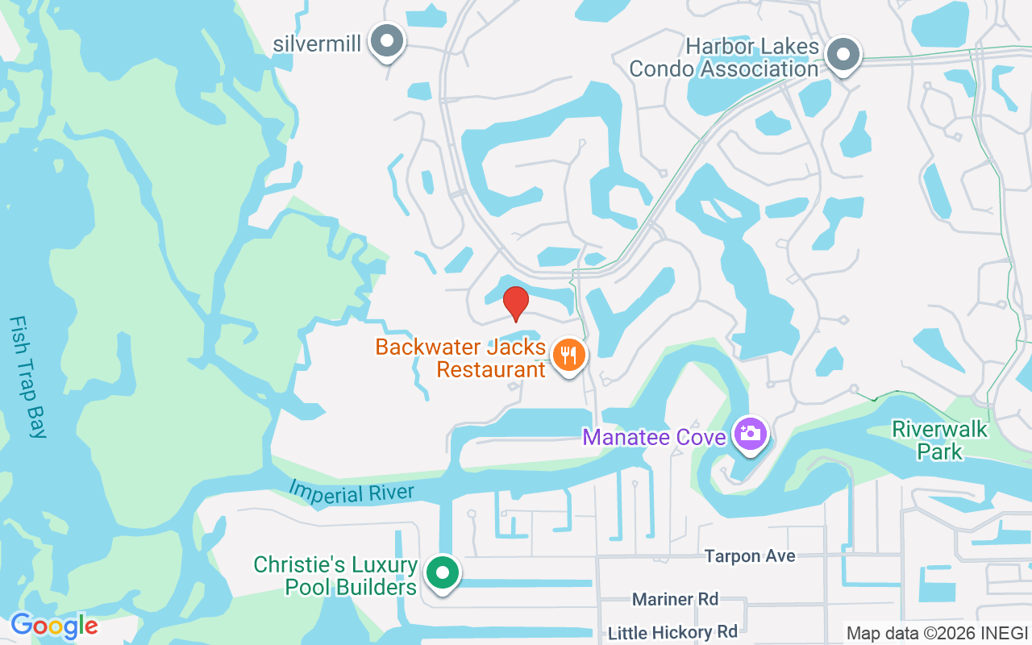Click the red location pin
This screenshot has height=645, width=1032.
tap(515, 302)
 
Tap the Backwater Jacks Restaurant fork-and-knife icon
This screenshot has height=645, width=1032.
tap(569, 355)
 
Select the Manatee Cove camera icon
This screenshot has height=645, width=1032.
tap(751, 434)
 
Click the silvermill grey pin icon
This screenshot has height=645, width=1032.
tap(387, 40)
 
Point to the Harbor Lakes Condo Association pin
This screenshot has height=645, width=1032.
tap(843, 55)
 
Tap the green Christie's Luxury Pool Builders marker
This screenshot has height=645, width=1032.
tap(441, 573)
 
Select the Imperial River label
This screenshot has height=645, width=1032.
tap(352, 491)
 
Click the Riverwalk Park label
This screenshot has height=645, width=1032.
tap(940, 439)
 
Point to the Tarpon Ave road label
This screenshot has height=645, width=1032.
tap(750, 556)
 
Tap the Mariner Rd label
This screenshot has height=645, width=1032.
tap(676, 599)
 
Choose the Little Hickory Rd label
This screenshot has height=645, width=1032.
tap(672, 632)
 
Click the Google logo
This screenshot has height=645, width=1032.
tap(54, 626)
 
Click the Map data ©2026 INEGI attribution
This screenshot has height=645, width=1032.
tap(937, 634)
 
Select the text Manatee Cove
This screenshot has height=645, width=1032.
tap(654, 437)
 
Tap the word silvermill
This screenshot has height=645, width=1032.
tap(317, 44)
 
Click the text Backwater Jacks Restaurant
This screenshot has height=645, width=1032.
tap(460, 359)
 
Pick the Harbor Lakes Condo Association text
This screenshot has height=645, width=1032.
tap(724, 58)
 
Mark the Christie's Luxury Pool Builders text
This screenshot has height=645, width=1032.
tap(335, 576)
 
